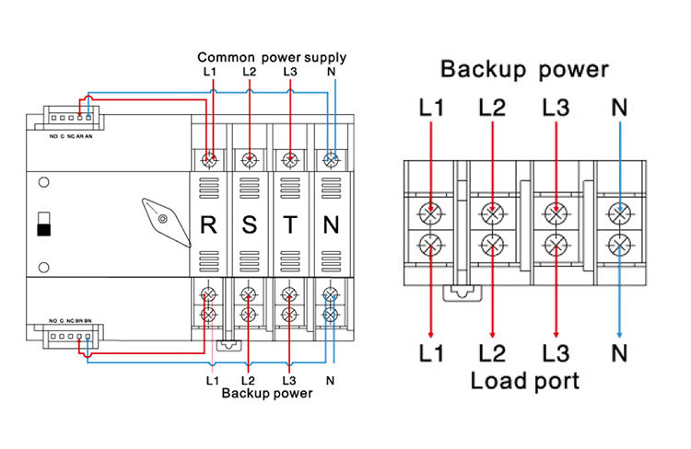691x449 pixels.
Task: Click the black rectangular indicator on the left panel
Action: pos(42,226)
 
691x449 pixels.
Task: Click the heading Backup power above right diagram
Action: pos(524,69)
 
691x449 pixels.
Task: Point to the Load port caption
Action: pos(524,380)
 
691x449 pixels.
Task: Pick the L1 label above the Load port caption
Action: pos(431,352)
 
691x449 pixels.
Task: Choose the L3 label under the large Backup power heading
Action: pos(556,108)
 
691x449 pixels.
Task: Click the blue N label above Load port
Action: pos(619,352)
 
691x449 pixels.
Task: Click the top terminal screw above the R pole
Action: pos(210,158)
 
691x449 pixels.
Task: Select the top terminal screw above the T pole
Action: pos(289,158)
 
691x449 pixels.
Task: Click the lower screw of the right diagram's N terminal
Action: pos(619,245)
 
